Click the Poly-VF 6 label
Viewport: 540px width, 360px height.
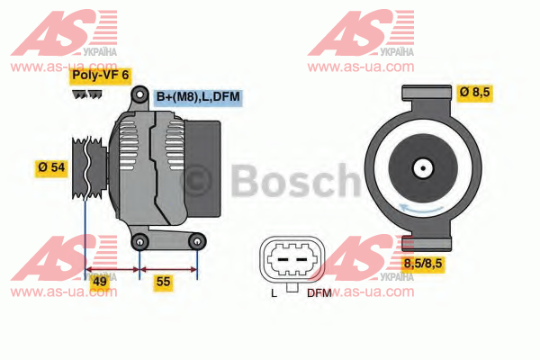(100, 76)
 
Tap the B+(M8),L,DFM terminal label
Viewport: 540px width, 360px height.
(198, 97)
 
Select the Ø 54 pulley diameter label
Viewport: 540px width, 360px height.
(51, 167)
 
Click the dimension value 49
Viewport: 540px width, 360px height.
(100, 282)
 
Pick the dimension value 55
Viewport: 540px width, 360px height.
(163, 282)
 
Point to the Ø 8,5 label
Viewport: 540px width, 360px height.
(474, 93)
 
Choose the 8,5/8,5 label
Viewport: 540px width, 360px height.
(423, 265)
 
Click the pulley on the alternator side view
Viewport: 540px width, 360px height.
(88, 167)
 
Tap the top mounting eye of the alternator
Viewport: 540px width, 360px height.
(139, 94)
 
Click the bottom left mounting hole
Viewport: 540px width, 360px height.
(139, 242)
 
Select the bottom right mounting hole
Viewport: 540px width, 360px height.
(197, 242)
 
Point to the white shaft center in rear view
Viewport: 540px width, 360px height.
(423, 168)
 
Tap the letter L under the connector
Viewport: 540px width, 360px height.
(274, 293)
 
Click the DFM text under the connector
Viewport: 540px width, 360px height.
(319, 293)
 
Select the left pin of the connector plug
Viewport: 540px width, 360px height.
(283, 259)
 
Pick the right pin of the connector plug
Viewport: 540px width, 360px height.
(301, 259)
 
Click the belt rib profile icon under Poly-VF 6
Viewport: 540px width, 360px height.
(87, 94)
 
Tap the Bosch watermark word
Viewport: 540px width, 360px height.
(295, 181)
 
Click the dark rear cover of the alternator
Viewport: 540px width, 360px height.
(203, 169)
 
